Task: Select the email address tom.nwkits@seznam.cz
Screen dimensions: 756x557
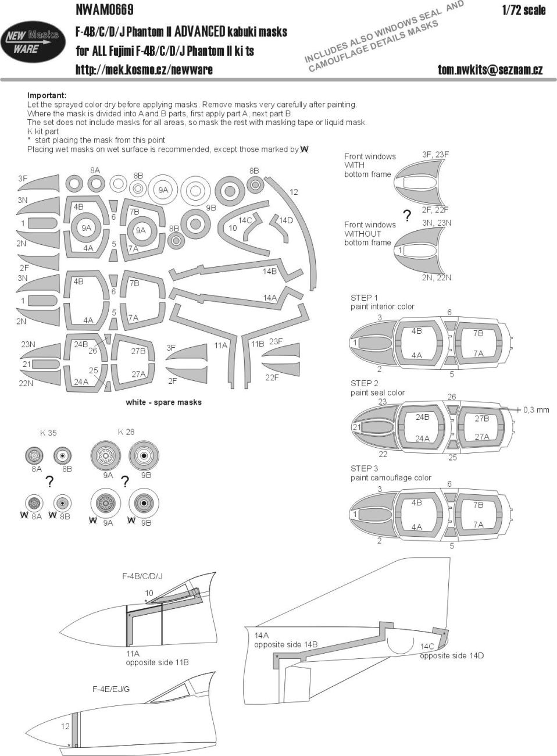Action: click(x=490, y=70)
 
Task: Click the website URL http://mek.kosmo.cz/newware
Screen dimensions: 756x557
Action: click(x=144, y=70)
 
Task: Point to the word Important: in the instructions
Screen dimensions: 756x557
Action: click(x=47, y=95)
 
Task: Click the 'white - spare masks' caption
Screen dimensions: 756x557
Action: click(x=163, y=402)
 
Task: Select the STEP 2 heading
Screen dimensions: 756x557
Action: click(x=364, y=383)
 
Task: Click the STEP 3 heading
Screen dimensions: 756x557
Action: click(x=364, y=468)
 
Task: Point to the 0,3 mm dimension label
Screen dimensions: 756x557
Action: click(x=535, y=410)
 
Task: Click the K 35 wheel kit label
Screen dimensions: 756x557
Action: click(x=48, y=433)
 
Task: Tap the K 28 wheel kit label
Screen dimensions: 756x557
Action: click(x=126, y=432)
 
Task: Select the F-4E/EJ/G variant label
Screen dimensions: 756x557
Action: click(x=110, y=689)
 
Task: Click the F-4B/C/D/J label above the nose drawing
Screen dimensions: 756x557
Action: click(x=142, y=576)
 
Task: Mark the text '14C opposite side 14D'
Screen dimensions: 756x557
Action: click(x=451, y=651)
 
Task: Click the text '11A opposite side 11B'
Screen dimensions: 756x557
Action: click(x=157, y=658)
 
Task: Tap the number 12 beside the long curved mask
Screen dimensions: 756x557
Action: click(x=294, y=192)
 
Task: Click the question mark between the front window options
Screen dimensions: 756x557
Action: click(x=407, y=217)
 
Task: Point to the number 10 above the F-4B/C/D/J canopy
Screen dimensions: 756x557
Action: click(x=149, y=593)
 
